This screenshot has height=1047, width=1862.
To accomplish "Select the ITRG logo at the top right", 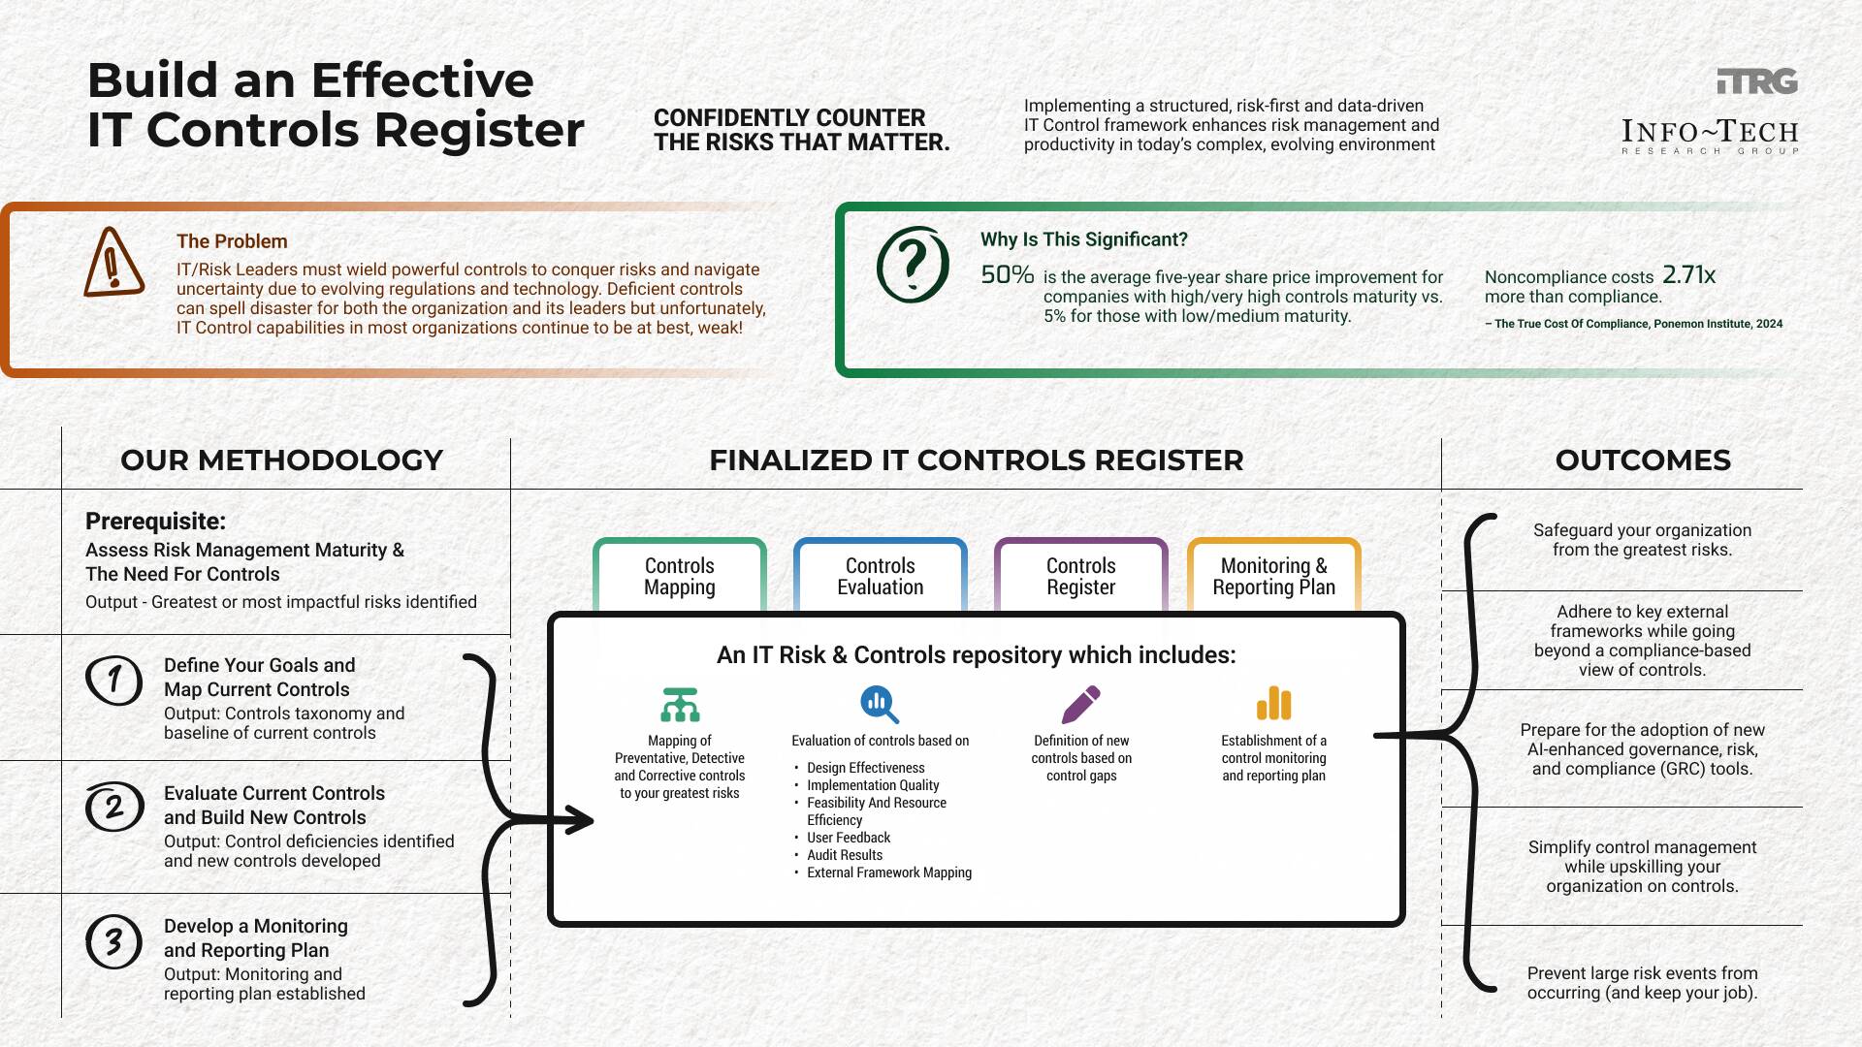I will click(1756, 81).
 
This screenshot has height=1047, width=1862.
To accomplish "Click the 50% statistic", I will click(1007, 274).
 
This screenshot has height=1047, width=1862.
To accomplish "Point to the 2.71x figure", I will click(1688, 275).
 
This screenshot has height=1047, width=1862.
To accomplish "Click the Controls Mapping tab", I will click(679, 576).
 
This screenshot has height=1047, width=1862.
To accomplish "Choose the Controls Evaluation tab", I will click(880, 576).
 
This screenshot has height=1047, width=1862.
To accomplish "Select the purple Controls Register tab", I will click(1080, 576).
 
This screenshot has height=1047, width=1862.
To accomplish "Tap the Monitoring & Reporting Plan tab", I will click(1273, 576).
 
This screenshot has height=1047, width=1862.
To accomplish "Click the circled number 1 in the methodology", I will click(113, 679).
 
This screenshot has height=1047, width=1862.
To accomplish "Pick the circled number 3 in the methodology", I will click(113, 940).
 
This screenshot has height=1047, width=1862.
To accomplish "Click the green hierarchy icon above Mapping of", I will click(680, 705).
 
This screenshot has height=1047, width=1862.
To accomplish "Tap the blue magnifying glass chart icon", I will click(879, 705).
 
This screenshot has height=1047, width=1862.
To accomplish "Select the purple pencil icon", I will click(1080, 705).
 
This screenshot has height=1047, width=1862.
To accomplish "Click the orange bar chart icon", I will click(1273, 705).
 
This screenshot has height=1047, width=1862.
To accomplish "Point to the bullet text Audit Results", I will click(844, 855).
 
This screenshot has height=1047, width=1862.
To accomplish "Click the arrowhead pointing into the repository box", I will click(580, 820).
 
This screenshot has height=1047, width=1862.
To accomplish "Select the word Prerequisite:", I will click(155, 522).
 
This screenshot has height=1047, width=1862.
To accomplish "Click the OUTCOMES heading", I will click(1642, 460).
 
